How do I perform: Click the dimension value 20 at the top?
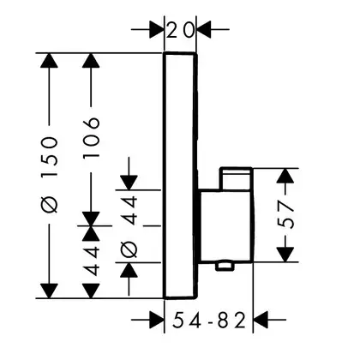[x=180, y=31]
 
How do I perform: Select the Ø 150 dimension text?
[x=49, y=175]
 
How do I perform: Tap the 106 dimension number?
[x=91, y=137]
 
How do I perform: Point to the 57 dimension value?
[x=285, y=215]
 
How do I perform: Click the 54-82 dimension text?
[x=209, y=320]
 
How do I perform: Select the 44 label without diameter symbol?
[x=92, y=261]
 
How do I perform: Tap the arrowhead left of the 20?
[x=156, y=29]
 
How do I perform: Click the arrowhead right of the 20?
[x=204, y=29]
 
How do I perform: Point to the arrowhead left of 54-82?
[x=158, y=320]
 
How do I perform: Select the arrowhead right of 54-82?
[x=261, y=320]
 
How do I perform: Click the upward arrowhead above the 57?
[x=285, y=177]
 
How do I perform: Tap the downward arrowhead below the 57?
[x=285, y=255]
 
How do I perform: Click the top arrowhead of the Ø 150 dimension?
[x=49, y=61]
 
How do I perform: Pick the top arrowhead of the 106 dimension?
[x=91, y=61]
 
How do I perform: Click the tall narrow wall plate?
[x=180, y=176]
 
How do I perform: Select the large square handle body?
[x=226, y=225]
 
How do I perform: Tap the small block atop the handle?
[x=236, y=178]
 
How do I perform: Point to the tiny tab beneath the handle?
[x=225, y=266]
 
